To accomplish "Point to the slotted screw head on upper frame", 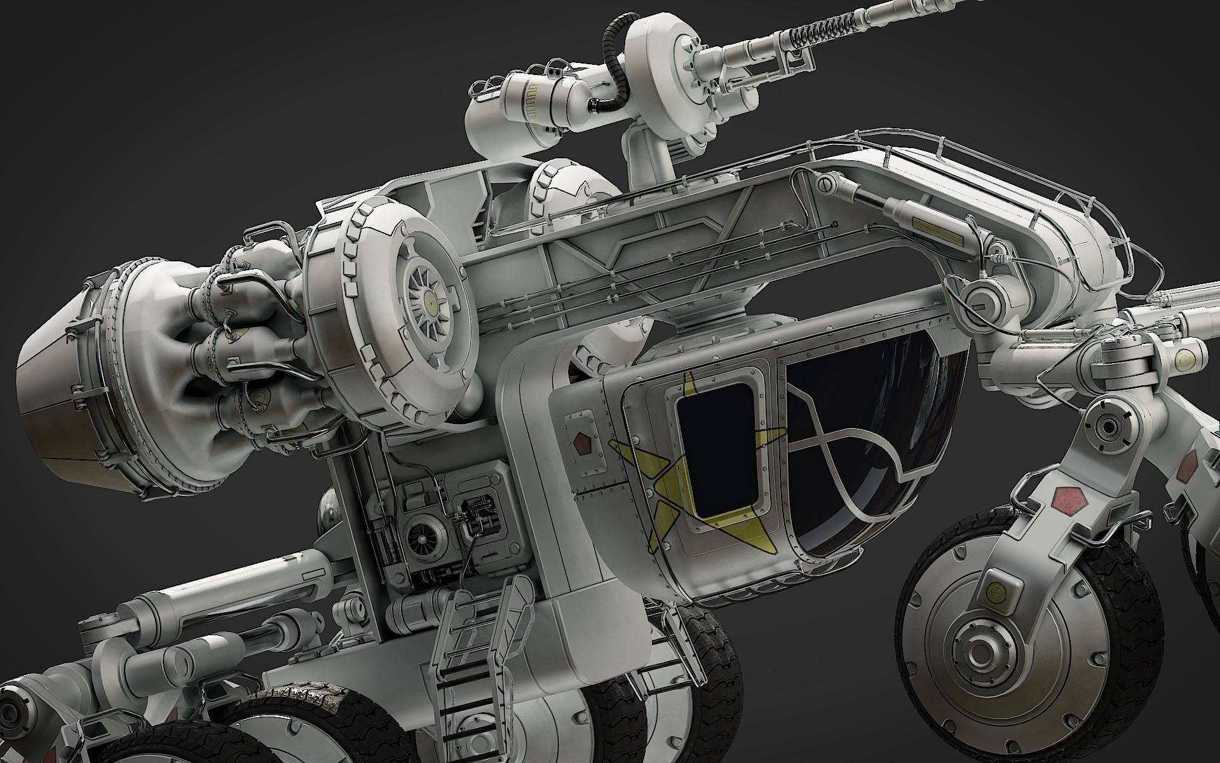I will (x=825, y=184).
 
